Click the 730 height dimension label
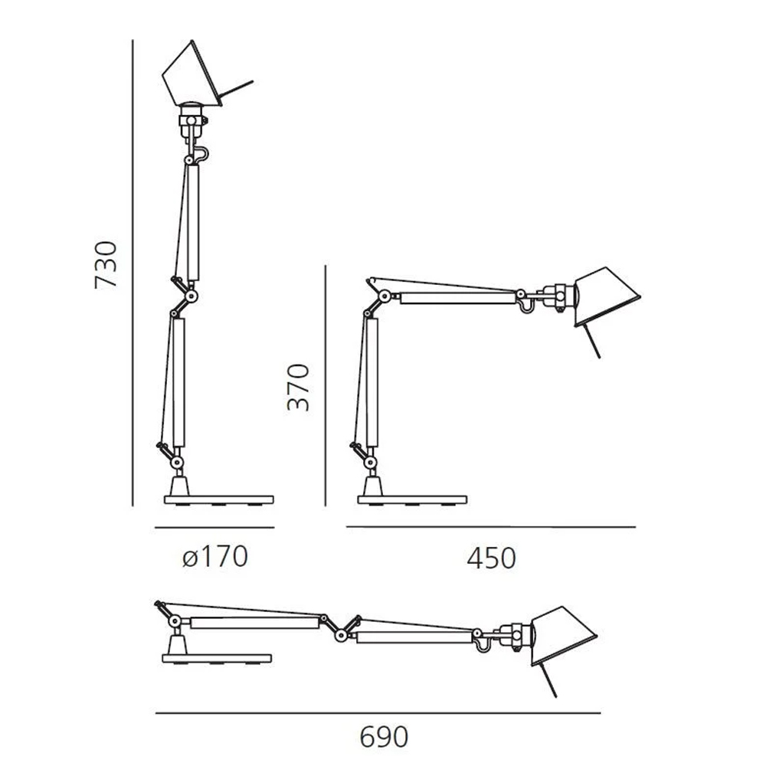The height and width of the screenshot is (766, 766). tap(106, 264)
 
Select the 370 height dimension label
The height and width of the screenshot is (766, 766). tap(299, 387)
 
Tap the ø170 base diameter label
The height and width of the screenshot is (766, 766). tap(215, 557)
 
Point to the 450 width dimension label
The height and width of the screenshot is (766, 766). tap(491, 558)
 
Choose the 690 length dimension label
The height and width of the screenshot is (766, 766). tap(384, 737)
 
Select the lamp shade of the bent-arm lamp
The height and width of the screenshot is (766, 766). tap(606, 296)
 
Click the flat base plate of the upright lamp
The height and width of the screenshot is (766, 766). tap(219, 499)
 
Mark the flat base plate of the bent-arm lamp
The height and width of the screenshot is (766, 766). tap(412, 499)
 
